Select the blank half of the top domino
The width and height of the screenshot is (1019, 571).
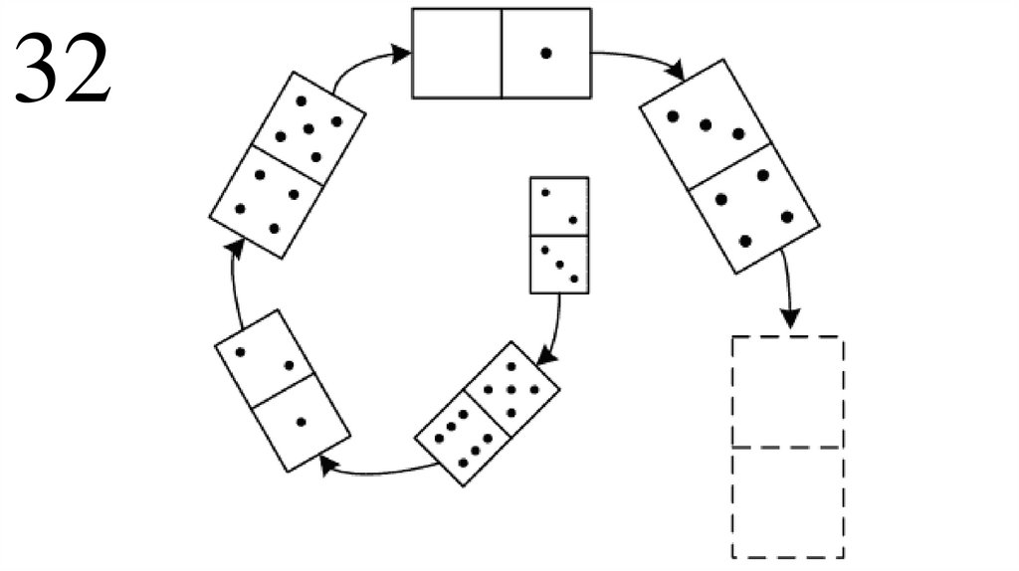point(457,53)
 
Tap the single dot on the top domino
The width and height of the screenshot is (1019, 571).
point(545,54)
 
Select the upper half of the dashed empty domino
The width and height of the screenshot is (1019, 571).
point(787,393)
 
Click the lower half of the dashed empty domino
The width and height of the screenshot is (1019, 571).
point(787,502)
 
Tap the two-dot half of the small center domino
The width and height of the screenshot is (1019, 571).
point(559,206)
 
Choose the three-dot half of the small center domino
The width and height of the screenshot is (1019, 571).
point(559,265)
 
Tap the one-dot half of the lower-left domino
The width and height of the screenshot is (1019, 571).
point(302,423)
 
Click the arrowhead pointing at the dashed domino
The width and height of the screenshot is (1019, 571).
point(790,317)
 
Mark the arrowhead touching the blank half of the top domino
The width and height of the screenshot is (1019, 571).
point(402,53)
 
